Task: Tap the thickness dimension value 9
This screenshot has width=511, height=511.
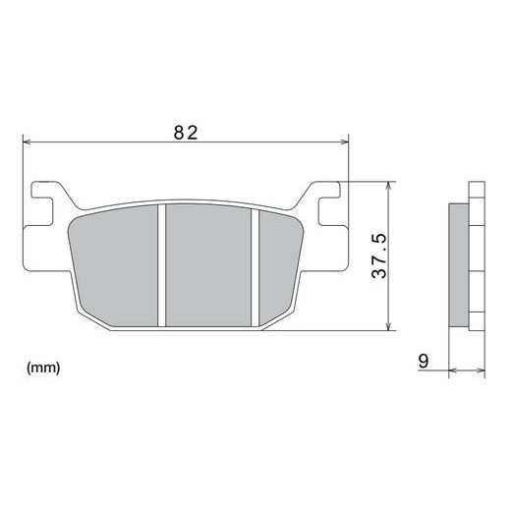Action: pos(424,362)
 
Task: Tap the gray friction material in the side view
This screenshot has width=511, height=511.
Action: pos(458,263)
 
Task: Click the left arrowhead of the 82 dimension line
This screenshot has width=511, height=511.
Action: pos(27,142)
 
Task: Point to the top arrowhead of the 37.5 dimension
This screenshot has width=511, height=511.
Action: pos(391,185)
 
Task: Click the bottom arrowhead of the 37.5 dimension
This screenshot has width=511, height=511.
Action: pos(391,327)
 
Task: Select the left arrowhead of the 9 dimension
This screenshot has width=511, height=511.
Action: pos(452,371)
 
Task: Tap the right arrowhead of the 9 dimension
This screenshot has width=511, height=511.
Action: pos(482,371)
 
